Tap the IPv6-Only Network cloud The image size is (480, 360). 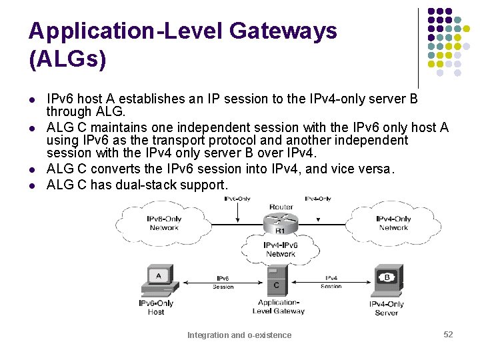point(164,223)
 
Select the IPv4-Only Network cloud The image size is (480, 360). point(393,223)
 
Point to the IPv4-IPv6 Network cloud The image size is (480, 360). point(281,249)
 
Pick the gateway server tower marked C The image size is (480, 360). point(277,281)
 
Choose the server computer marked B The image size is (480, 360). point(387,280)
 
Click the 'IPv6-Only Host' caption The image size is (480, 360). point(156,307)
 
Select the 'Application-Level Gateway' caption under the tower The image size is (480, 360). point(280,307)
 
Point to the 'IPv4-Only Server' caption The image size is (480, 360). point(387,309)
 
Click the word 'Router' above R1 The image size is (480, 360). point(281,207)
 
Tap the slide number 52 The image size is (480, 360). point(448,334)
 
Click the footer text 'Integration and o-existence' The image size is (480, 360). point(239,335)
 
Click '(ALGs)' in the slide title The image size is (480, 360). point(67,59)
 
